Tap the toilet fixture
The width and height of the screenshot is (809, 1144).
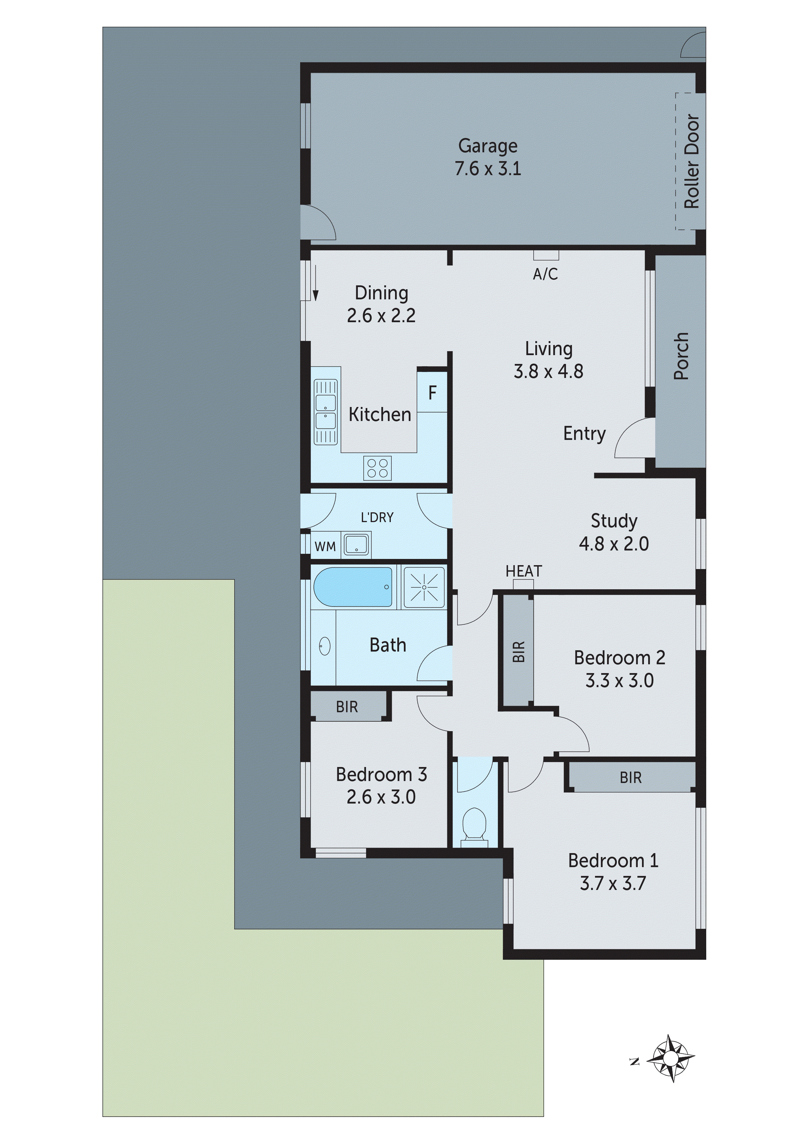[x=475, y=825]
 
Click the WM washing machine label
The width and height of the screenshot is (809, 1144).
[x=325, y=547]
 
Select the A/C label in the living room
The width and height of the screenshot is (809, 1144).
[x=545, y=274]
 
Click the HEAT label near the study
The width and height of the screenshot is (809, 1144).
[x=523, y=571]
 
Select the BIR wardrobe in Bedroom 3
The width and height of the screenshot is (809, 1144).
[x=347, y=707]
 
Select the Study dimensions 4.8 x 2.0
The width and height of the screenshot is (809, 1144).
[x=614, y=544]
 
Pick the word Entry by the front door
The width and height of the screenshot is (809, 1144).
[x=584, y=433]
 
